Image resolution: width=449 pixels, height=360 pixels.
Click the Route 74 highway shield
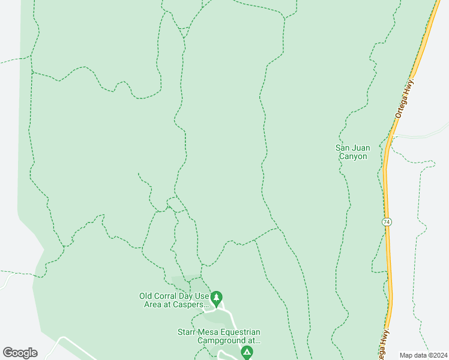[x=387, y=222]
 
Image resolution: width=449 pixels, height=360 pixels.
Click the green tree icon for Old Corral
[x=217, y=297]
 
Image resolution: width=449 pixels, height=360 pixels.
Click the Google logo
[x=20, y=353]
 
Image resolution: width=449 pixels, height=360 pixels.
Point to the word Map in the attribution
[x=407, y=355]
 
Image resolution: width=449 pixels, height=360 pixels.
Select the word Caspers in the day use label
[x=188, y=304]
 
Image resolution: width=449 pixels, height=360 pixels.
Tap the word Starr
[x=188, y=332]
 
